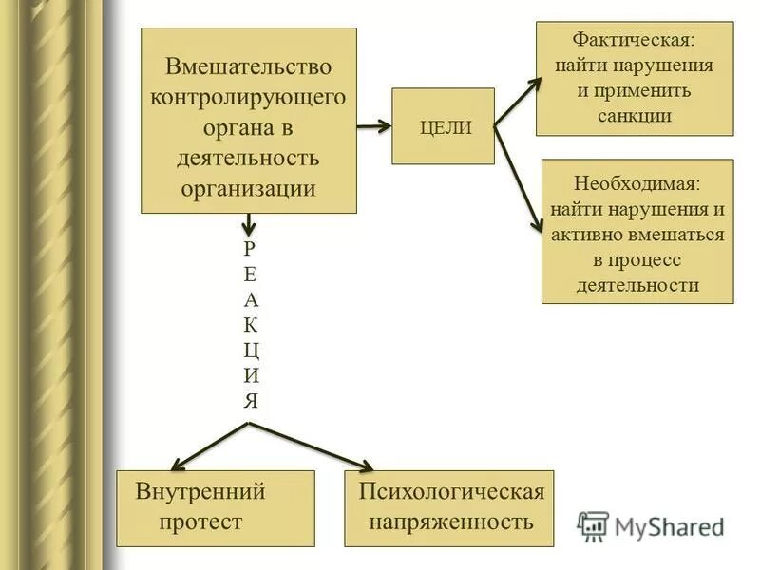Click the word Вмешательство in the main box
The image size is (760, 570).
tap(249, 67)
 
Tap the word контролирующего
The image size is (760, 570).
tap(249, 97)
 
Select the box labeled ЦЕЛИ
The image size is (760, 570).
tap(444, 126)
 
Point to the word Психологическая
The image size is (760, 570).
tap(451, 492)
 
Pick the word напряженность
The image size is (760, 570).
tap(451, 522)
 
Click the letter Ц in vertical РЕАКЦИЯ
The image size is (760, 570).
tap(249, 349)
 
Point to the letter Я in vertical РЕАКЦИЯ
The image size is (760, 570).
tap(249, 399)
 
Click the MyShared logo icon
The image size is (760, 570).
tap(593, 525)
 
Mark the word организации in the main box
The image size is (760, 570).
tap(249, 187)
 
